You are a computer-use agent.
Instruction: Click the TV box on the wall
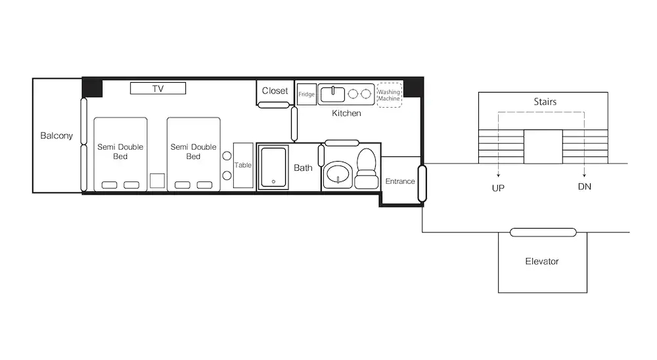click(158, 88)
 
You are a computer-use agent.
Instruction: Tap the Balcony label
click(57, 135)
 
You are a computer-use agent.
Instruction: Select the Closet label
click(275, 91)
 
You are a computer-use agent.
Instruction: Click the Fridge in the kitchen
click(306, 95)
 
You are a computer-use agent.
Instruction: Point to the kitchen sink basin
click(332, 95)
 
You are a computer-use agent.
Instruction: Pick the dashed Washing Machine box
click(389, 95)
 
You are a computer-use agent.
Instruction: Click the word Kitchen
click(346, 113)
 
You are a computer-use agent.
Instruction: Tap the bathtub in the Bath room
click(273, 168)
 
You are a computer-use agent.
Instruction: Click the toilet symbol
click(367, 168)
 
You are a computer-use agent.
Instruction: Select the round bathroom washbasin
click(338, 174)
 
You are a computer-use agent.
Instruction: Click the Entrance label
click(400, 181)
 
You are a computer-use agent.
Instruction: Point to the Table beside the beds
click(243, 165)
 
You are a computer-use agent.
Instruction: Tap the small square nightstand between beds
click(157, 181)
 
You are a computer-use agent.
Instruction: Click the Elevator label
click(542, 261)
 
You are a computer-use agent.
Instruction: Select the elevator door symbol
click(543, 232)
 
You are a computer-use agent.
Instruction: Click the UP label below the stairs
click(498, 188)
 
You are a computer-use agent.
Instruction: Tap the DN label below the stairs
click(585, 187)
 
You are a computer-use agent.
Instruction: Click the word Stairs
click(545, 102)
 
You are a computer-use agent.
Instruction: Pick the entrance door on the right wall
click(422, 183)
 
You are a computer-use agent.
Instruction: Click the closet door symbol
click(273, 104)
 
